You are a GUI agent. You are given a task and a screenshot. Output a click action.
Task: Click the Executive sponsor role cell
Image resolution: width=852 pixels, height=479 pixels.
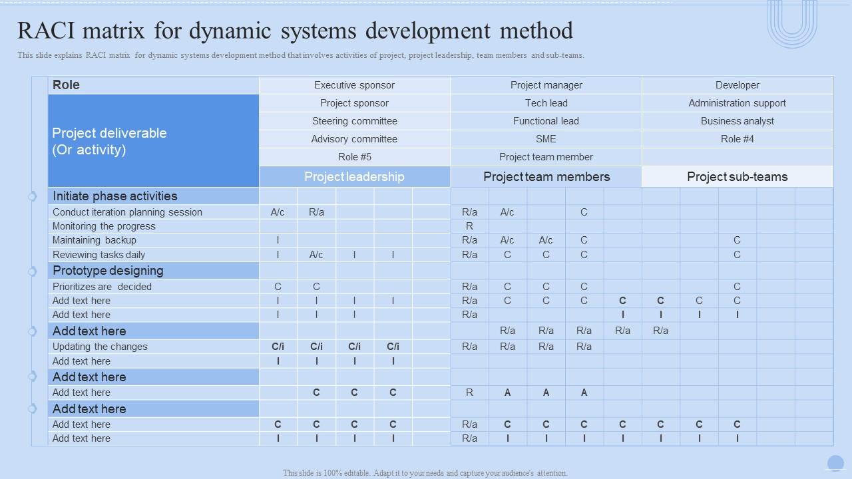coord(354,85)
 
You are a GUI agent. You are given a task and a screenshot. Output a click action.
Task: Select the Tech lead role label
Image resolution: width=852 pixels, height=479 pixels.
coord(546,103)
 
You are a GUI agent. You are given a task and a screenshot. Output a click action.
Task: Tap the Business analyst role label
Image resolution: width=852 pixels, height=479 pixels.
coord(737,121)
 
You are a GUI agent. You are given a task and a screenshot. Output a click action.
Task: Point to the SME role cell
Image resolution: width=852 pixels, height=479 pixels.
coord(546,139)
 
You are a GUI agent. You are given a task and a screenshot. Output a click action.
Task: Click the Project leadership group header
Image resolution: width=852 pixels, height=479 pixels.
coord(354,177)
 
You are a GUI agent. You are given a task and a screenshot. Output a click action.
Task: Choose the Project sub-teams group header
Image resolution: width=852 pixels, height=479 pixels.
coord(737,177)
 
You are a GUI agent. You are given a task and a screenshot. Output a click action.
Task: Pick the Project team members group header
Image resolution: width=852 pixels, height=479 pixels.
coord(546,177)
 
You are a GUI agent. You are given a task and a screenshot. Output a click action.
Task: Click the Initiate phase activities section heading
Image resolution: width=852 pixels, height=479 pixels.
coord(114,196)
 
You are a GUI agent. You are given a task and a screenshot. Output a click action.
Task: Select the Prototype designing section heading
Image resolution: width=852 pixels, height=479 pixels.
coord(108,271)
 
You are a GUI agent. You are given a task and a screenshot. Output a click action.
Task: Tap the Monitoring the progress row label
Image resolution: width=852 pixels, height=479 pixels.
coord(104,226)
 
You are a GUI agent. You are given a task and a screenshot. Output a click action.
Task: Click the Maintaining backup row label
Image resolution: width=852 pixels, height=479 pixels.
coord(95,240)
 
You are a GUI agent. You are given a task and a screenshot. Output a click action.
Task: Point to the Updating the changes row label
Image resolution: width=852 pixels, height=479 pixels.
coord(100,347)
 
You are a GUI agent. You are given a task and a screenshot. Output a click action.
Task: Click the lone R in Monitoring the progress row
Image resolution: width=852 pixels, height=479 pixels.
coord(469,226)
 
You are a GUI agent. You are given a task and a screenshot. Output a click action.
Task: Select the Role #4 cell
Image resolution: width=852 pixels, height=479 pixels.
coord(737,139)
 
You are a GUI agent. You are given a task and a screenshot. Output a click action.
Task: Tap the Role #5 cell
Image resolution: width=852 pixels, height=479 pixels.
coord(354,157)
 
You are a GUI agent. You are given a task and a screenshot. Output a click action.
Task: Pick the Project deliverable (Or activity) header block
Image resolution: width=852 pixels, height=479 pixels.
coord(153,141)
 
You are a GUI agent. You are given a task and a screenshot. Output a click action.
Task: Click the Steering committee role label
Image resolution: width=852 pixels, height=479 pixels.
coord(354,121)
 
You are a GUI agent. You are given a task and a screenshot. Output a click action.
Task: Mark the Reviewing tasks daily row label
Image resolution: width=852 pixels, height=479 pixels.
coord(99,255)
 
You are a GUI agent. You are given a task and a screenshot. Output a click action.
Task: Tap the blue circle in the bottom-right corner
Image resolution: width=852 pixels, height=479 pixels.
coord(835,463)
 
